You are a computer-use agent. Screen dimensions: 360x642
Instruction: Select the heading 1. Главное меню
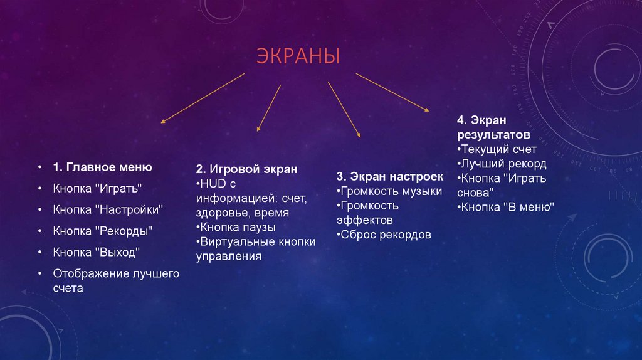pos(102,167)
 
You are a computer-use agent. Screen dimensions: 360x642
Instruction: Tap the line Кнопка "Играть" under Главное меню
pos(97,188)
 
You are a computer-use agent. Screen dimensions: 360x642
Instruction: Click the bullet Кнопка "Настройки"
pos(108,209)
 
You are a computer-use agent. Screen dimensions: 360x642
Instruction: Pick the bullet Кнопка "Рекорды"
pos(103,230)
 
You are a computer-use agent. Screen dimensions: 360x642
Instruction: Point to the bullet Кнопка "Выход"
pos(96,252)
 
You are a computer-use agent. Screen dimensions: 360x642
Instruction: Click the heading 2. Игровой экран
pos(246,169)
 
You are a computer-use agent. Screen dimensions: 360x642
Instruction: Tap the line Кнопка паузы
pos(237,227)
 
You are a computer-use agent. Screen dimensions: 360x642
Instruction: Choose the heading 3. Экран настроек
pos(389,177)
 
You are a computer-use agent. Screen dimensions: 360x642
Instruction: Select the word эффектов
pos(365,220)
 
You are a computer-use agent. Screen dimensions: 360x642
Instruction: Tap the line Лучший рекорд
pos(503,164)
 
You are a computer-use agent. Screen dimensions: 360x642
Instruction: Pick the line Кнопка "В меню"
pos(507,206)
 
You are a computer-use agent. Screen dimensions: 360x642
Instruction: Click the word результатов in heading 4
pos(494,135)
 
